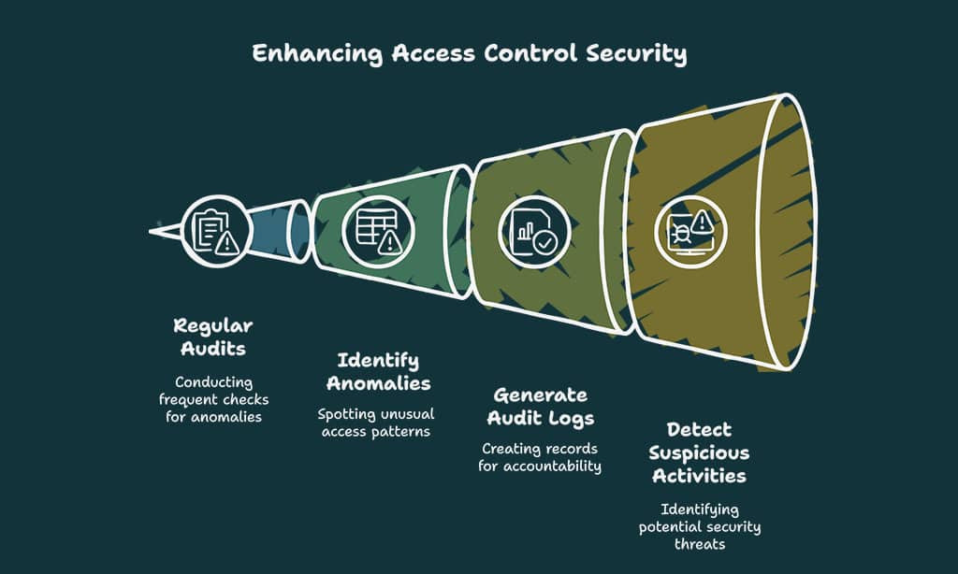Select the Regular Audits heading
coord(213,337)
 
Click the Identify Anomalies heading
coord(378,371)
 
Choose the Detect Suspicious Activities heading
coord(700,452)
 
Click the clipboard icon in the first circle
coord(215,230)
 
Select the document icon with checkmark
coord(533,229)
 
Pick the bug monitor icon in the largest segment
coord(690,230)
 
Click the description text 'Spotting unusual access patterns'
coord(378,423)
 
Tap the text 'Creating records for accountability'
coord(540,457)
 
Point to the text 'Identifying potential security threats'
coord(700,526)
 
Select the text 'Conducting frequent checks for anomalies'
coord(214,399)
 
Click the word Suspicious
coord(700,452)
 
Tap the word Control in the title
coord(530,53)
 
